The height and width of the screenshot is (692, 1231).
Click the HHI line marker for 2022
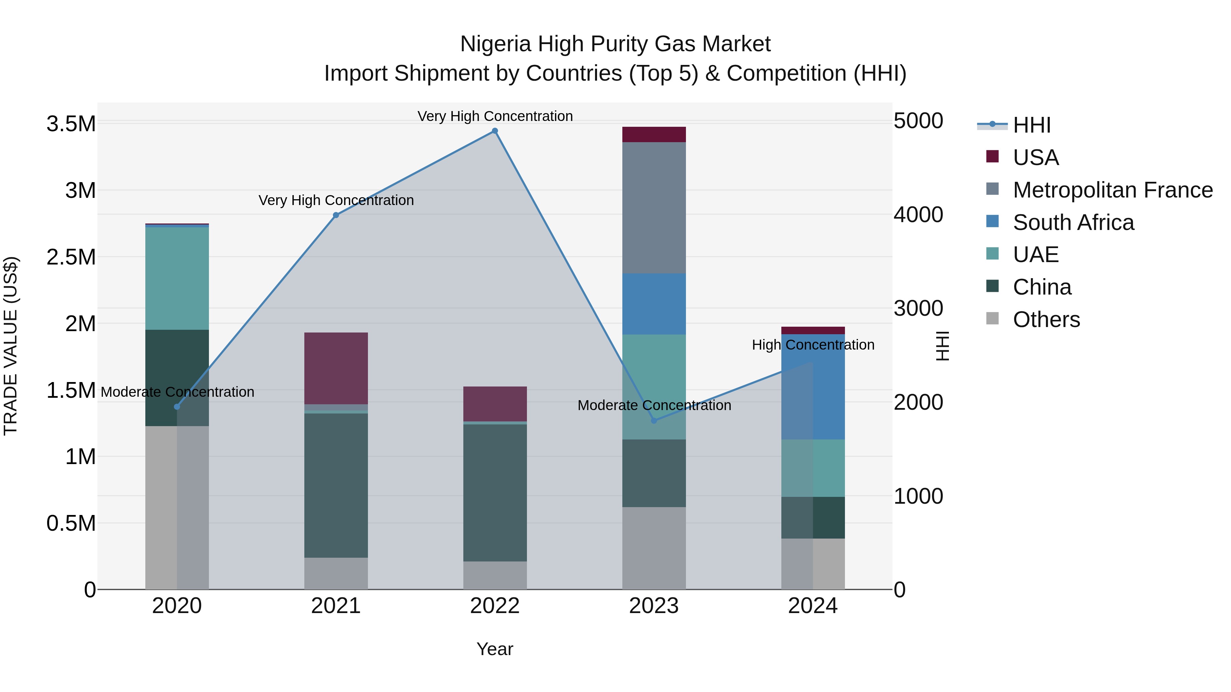pos(494,131)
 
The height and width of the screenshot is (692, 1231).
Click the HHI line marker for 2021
pos(336,215)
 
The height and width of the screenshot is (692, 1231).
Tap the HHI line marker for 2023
pos(654,420)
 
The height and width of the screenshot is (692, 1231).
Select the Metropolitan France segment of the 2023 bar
pos(654,208)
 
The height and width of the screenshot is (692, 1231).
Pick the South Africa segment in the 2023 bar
pos(654,304)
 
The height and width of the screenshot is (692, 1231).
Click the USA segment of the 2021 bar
pos(336,368)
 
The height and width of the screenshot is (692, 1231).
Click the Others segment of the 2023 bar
pos(654,548)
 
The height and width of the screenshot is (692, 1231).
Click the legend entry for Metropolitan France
pos(1112,190)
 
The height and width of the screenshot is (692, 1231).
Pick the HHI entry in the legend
pos(1031,125)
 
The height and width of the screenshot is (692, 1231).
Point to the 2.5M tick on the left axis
pos(71,257)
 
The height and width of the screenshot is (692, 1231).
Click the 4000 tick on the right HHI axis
pos(918,215)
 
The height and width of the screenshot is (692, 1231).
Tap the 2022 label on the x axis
pos(494,606)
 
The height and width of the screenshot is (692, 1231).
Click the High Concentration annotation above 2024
pos(813,345)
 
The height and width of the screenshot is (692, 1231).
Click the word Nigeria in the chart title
pos(495,44)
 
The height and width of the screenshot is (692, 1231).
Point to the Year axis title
pos(494,649)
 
